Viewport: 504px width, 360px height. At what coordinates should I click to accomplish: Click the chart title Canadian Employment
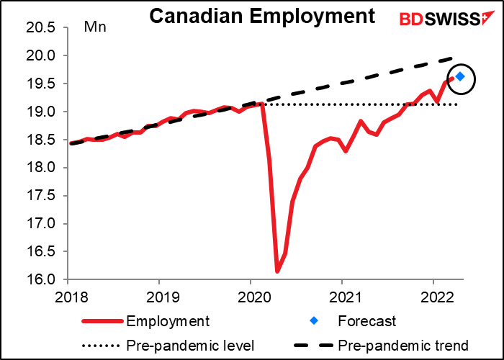click(262, 16)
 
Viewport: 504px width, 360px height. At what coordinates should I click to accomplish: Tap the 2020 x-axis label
click(251, 296)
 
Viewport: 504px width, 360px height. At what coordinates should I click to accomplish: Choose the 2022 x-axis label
click(433, 296)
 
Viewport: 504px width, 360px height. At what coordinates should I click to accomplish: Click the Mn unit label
click(94, 28)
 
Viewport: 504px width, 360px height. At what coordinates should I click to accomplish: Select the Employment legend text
click(166, 320)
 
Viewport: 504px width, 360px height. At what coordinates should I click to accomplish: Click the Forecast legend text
click(369, 320)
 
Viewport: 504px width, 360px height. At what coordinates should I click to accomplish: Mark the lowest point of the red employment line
click(277, 271)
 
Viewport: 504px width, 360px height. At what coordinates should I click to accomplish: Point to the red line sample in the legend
click(102, 320)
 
